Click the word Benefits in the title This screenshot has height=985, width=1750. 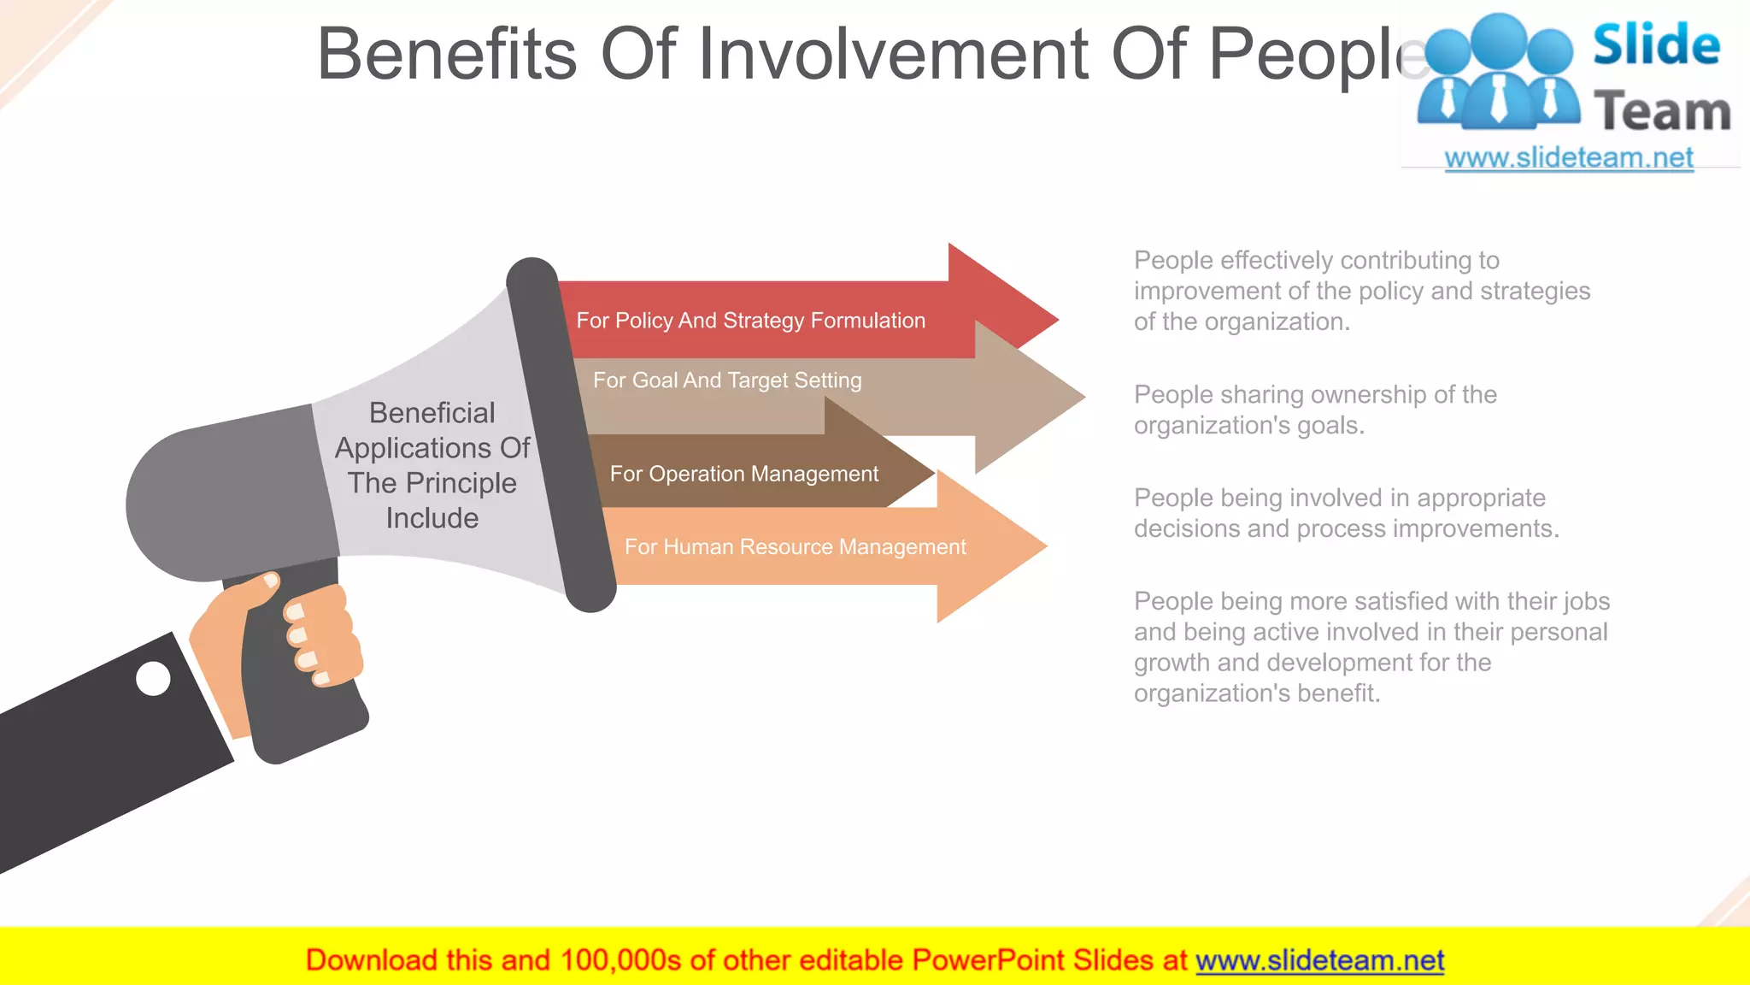point(447,54)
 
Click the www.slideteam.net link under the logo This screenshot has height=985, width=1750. point(1569,158)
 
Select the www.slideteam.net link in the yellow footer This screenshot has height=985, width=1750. point(1319,960)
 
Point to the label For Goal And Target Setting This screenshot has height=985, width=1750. point(727,380)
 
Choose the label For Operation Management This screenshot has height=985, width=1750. point(743,474)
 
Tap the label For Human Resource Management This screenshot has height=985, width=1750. point(795,547)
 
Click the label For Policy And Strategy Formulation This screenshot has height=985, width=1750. point(750,321)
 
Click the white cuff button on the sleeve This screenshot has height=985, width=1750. point(154,679)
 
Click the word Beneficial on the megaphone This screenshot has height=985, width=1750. point(432,413)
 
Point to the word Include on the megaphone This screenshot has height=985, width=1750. point(432,518)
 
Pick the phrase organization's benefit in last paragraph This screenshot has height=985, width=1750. point(1256,693)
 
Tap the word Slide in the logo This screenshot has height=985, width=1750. point(1656,45)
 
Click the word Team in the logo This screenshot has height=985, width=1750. point(1662,112)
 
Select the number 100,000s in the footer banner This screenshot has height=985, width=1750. point(620,960)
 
